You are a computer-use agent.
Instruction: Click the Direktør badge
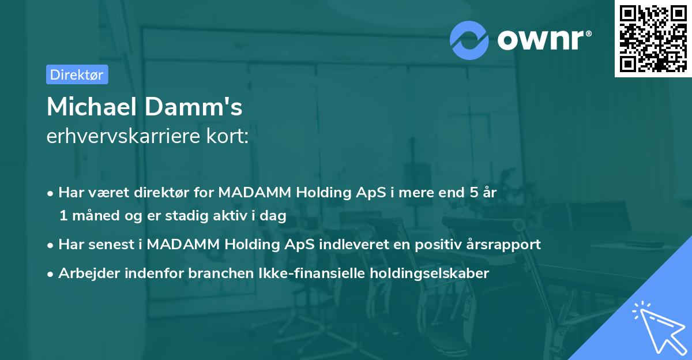point(77,74)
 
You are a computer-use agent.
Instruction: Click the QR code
point(653,38)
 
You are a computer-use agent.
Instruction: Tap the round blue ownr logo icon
point(469,40)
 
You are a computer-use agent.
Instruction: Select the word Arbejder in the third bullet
point(85,273)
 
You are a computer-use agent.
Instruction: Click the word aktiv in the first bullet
point(230,216)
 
